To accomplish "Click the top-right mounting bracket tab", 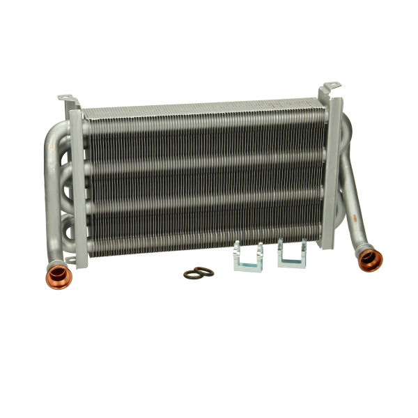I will click(331, 88).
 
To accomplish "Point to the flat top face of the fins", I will click(202, 109).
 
